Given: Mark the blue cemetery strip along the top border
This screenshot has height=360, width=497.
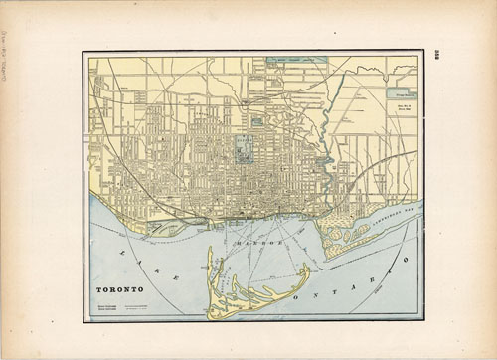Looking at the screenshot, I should point(297,61).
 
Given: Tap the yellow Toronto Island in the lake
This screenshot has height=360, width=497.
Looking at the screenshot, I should point(239,293).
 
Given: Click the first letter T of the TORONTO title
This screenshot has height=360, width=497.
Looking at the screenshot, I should point(99,291).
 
